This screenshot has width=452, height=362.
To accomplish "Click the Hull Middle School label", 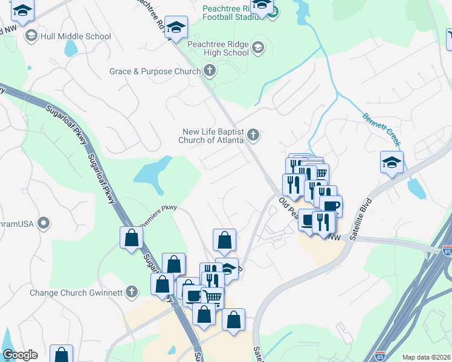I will click(x=76, y=36).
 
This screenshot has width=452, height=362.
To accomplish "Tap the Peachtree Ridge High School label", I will click(x=218, y=48).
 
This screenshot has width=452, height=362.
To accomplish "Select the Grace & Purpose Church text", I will click(x=155, y=72).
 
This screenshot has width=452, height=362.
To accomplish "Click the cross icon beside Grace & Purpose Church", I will click(x=210, y=72).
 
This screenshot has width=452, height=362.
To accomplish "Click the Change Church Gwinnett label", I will click(x=76, y=293).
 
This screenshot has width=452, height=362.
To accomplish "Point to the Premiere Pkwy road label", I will click(x=158, y=217).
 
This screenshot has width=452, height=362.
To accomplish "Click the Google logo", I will click(x=20, y=355).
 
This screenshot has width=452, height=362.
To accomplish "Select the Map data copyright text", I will click(x=425, y=357).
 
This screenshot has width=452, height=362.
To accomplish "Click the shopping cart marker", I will click(x=212, y=297).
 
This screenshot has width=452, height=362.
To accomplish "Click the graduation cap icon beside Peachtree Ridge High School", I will click(x=258, y=48).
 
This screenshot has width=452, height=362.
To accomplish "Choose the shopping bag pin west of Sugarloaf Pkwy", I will click(x=131, y=238).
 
